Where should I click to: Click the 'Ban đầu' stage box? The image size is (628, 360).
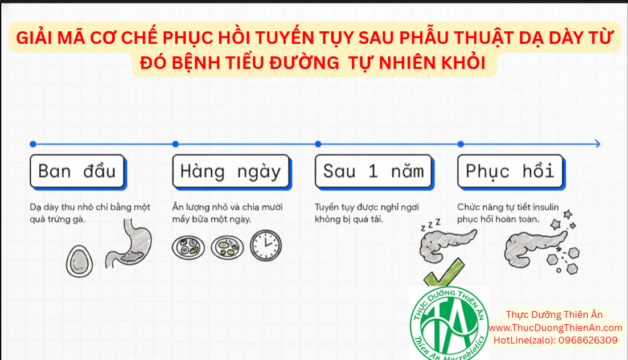[x=78, y=171]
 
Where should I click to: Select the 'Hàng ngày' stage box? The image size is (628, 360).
[x=232, y=171]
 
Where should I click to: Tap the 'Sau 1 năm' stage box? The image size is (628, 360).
[x=375, y=171]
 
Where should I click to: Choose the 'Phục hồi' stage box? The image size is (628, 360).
[x=511, y=171]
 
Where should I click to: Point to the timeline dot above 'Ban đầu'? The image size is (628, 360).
[x=33, y=144]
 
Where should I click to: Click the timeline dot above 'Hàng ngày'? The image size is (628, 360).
[x=175, y=144]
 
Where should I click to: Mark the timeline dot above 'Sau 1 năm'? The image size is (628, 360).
[x=318, y=144]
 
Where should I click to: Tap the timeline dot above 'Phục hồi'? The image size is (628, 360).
[x=461, y=144]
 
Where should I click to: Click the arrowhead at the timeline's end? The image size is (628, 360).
[x=598, y=144]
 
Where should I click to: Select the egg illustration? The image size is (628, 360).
[x=79, y=261]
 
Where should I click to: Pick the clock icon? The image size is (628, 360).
[x=266, y=246]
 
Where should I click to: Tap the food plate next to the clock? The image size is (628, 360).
[x=227, y=247]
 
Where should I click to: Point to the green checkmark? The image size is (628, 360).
[x=444, y=273]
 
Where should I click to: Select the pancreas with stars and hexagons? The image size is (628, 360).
[x=541, y=244]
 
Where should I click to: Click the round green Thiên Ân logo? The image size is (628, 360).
[x=449, y=323]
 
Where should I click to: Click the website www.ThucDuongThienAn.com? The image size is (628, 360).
[x=556, y=328]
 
